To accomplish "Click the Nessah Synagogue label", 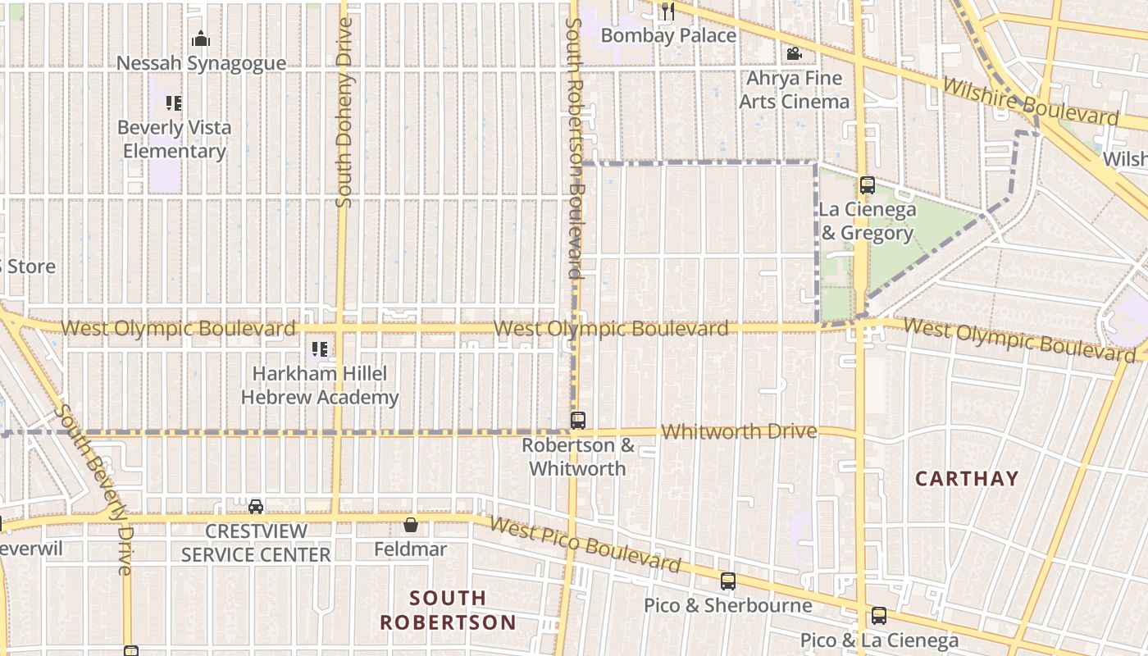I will click(x=201, y=63).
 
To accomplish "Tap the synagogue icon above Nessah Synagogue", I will click(x=201, y=39).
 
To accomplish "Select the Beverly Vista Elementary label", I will click(x=174, y=139).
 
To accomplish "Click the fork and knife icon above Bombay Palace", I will click(x=668, y=11).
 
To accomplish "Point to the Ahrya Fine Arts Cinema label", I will click(x=794, y=90).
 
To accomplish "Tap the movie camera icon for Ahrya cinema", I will click(x=793, y=54).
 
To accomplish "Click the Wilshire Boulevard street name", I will click(x=1030, y=102).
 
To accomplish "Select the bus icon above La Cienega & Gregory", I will click(x=868, y=185).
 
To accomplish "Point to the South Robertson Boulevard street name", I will click(x=574, y=148).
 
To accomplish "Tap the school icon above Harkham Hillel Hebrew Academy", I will click(x=320, y=349).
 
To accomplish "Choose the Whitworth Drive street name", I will click(x=739, y=431).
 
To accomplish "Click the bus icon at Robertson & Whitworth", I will click(x=578, y=421).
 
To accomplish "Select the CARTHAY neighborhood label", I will click(x=967, y=479).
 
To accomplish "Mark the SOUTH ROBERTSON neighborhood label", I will click(x=448, y=610).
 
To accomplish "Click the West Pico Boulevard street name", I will click(x=585, y=544).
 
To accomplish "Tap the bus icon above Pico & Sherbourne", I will click(x=727, y=581).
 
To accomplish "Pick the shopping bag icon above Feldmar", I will click(x=411, y=525).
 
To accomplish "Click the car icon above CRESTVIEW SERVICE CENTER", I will click(x=256, y=506).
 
